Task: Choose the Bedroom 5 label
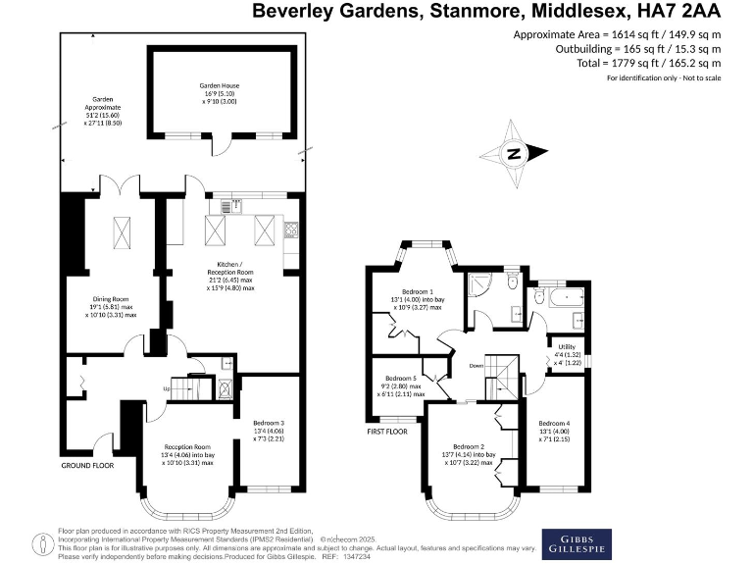point(402,378)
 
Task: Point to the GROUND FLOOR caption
point(87,465)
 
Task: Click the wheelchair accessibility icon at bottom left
point(41,541)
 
